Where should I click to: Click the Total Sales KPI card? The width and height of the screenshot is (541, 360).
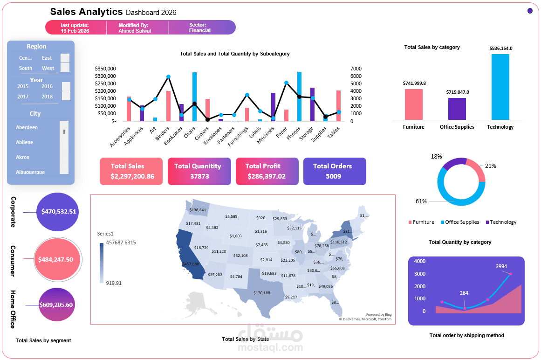[x=131, y=171]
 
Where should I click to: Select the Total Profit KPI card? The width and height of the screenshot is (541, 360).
[x=267, y=171]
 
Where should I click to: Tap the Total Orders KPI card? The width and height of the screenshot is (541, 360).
[x=335, y=171]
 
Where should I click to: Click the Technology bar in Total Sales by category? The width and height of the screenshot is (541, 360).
[x=500, y=87]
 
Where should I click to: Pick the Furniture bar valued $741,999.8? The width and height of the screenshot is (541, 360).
[x=413, y=104]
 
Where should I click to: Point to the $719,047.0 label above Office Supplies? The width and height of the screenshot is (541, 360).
[x=457, y=92]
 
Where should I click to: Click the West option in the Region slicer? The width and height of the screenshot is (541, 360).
[x=48, y=68]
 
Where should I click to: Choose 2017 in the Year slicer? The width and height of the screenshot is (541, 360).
[x=23, y=97]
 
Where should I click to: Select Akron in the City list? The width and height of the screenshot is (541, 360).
[x=23, y=157]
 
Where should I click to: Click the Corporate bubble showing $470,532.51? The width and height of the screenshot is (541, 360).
[x=58, y=212]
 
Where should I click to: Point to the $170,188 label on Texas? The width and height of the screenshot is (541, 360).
[x=262, y=293]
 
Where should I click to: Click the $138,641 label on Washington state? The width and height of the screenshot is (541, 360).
[x=198, y=210]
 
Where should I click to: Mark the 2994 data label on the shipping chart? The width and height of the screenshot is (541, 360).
[x=501, y=266]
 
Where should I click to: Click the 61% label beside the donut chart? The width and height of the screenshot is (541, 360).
[x=421, y=201]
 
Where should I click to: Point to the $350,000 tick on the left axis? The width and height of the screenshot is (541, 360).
[x=105, y=69]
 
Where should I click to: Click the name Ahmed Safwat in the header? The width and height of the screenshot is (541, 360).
[x=135, y=31]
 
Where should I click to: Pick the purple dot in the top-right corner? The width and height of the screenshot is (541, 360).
[x=530, y=11]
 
